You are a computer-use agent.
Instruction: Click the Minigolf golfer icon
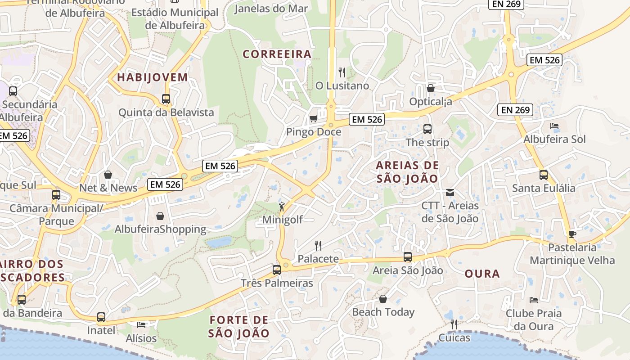(x=282, y=207)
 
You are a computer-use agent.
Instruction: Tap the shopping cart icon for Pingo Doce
(x=313, y=118)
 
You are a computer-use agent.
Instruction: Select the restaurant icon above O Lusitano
(x=342, y=72)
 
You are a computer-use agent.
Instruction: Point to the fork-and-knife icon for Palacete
(x=318, y=245)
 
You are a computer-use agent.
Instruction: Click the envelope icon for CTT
(x=450, y=193)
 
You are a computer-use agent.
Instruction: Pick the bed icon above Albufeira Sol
(x=554, y=126)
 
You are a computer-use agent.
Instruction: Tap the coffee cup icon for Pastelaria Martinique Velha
(x=572, y=234)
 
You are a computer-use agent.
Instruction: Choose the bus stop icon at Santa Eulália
(x=544, y=175)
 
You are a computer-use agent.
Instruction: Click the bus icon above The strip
(x=427, y=129)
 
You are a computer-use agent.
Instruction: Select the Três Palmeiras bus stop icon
(x=277, y=270)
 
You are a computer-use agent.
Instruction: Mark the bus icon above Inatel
(x=101, y=317)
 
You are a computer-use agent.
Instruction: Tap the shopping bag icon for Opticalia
(x=431, y=88)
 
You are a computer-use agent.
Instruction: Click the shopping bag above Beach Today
(x=383, y=299)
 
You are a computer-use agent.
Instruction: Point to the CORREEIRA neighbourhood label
(x=277, y=54)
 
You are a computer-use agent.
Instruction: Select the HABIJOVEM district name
(x=153, y=77)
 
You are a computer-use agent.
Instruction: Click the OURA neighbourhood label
(x=482, y=274)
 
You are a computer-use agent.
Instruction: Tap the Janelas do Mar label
(x=271, y=9)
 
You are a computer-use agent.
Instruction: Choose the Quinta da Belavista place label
(x=166, y=112)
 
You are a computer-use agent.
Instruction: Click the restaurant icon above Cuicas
(x=454, y=324)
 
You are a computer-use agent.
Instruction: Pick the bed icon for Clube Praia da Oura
(x=534, y=300)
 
